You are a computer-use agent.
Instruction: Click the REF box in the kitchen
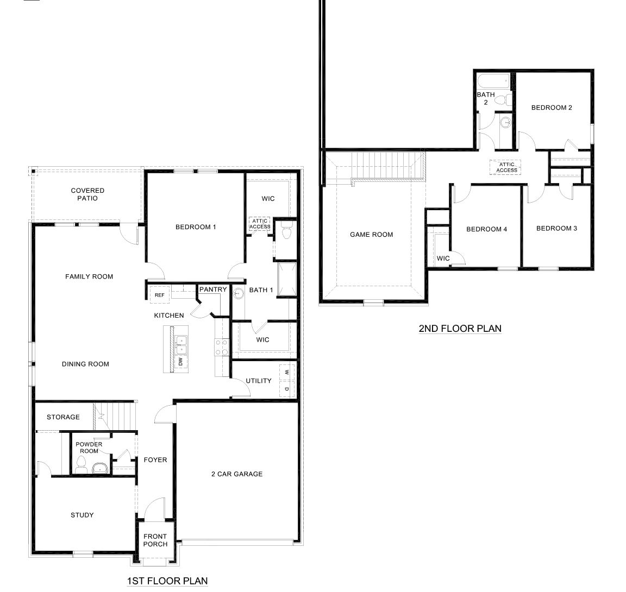click(159, 295)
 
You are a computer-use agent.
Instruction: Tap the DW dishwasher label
click(180, 362)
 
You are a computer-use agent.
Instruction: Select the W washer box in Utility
click(286, 373)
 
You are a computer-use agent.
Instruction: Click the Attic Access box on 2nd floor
click(506, 167)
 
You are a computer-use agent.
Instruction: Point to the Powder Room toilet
click(82, 465)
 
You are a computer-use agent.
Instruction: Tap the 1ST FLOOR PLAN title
click(167, 581)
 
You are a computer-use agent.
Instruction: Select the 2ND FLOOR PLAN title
click(460, 328)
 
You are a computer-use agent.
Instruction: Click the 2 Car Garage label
click(236, 474)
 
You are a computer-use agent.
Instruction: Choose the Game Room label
click(371, 235)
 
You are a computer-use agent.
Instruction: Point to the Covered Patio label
click(87, 194)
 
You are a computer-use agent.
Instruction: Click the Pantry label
click(213, 289)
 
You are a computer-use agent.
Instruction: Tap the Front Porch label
click(155, 540)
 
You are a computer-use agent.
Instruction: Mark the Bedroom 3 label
click(556, 229)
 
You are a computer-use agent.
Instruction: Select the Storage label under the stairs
click(63, 417)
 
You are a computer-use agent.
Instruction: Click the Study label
click(82, 515)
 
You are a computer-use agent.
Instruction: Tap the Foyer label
click(155, 460)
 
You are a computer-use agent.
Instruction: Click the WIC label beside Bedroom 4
click(443, 259)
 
